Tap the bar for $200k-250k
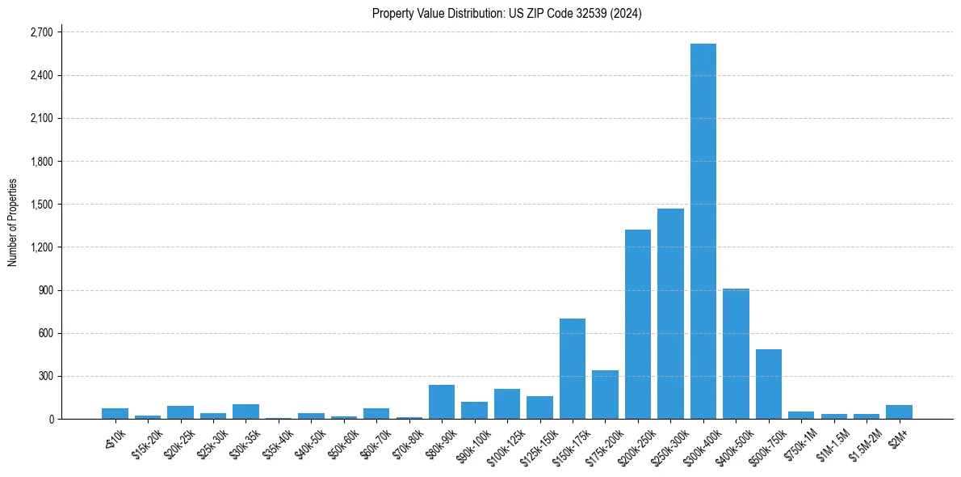[x=638, y=324]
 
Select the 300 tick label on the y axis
[x=44, y=376]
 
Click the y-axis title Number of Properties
[x=12, y=222]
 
